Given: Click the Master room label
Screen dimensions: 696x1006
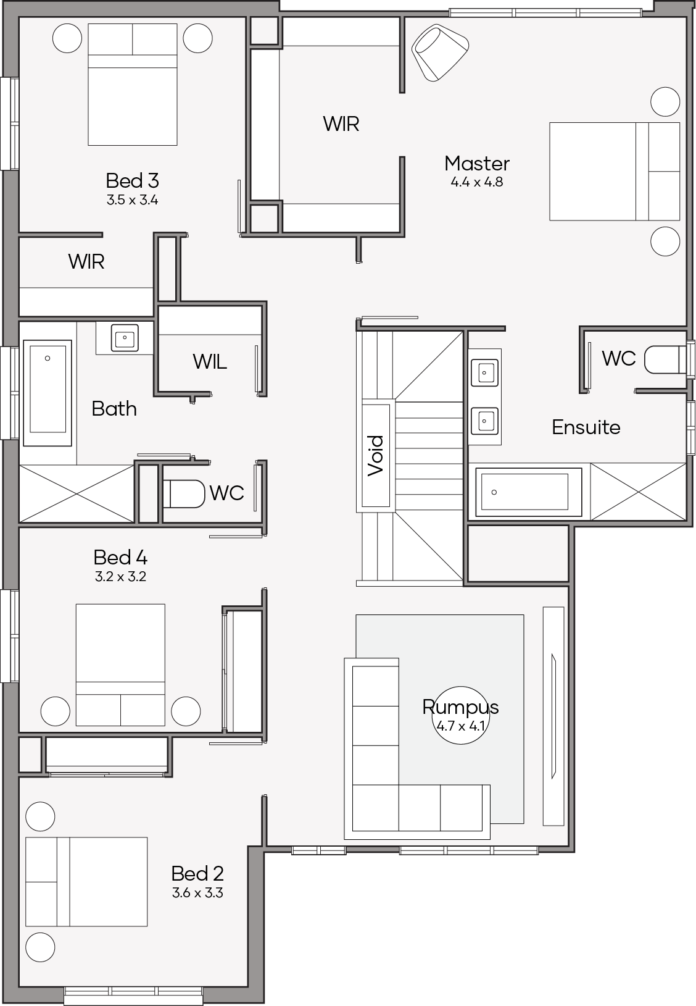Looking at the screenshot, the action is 476,164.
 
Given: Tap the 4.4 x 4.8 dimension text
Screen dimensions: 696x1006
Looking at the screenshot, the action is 476,182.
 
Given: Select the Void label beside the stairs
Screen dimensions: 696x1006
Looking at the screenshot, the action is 376,455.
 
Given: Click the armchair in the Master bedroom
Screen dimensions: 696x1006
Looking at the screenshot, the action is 440,53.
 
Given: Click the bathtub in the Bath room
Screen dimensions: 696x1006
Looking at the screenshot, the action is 48,393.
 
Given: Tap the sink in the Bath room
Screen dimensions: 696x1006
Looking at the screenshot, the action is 125,337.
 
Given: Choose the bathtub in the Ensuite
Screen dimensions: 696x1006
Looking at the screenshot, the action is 529,492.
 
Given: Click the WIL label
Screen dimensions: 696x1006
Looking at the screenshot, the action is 210,361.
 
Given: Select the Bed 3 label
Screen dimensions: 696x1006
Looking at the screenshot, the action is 132,180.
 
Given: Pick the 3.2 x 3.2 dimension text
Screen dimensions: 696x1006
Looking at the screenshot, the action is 120,576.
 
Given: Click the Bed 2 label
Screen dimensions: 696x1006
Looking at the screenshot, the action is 197,873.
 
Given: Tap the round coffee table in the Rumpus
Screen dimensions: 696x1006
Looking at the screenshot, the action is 460,715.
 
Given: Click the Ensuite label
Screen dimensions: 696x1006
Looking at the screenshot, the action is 586,427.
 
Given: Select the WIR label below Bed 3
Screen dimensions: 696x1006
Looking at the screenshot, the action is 86,261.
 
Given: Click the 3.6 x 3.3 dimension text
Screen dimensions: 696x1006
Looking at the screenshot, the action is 197,893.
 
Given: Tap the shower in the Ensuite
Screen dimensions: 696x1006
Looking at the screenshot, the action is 638,492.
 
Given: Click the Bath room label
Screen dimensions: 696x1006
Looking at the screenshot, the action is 114,409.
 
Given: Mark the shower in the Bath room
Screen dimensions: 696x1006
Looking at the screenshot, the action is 77,493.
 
